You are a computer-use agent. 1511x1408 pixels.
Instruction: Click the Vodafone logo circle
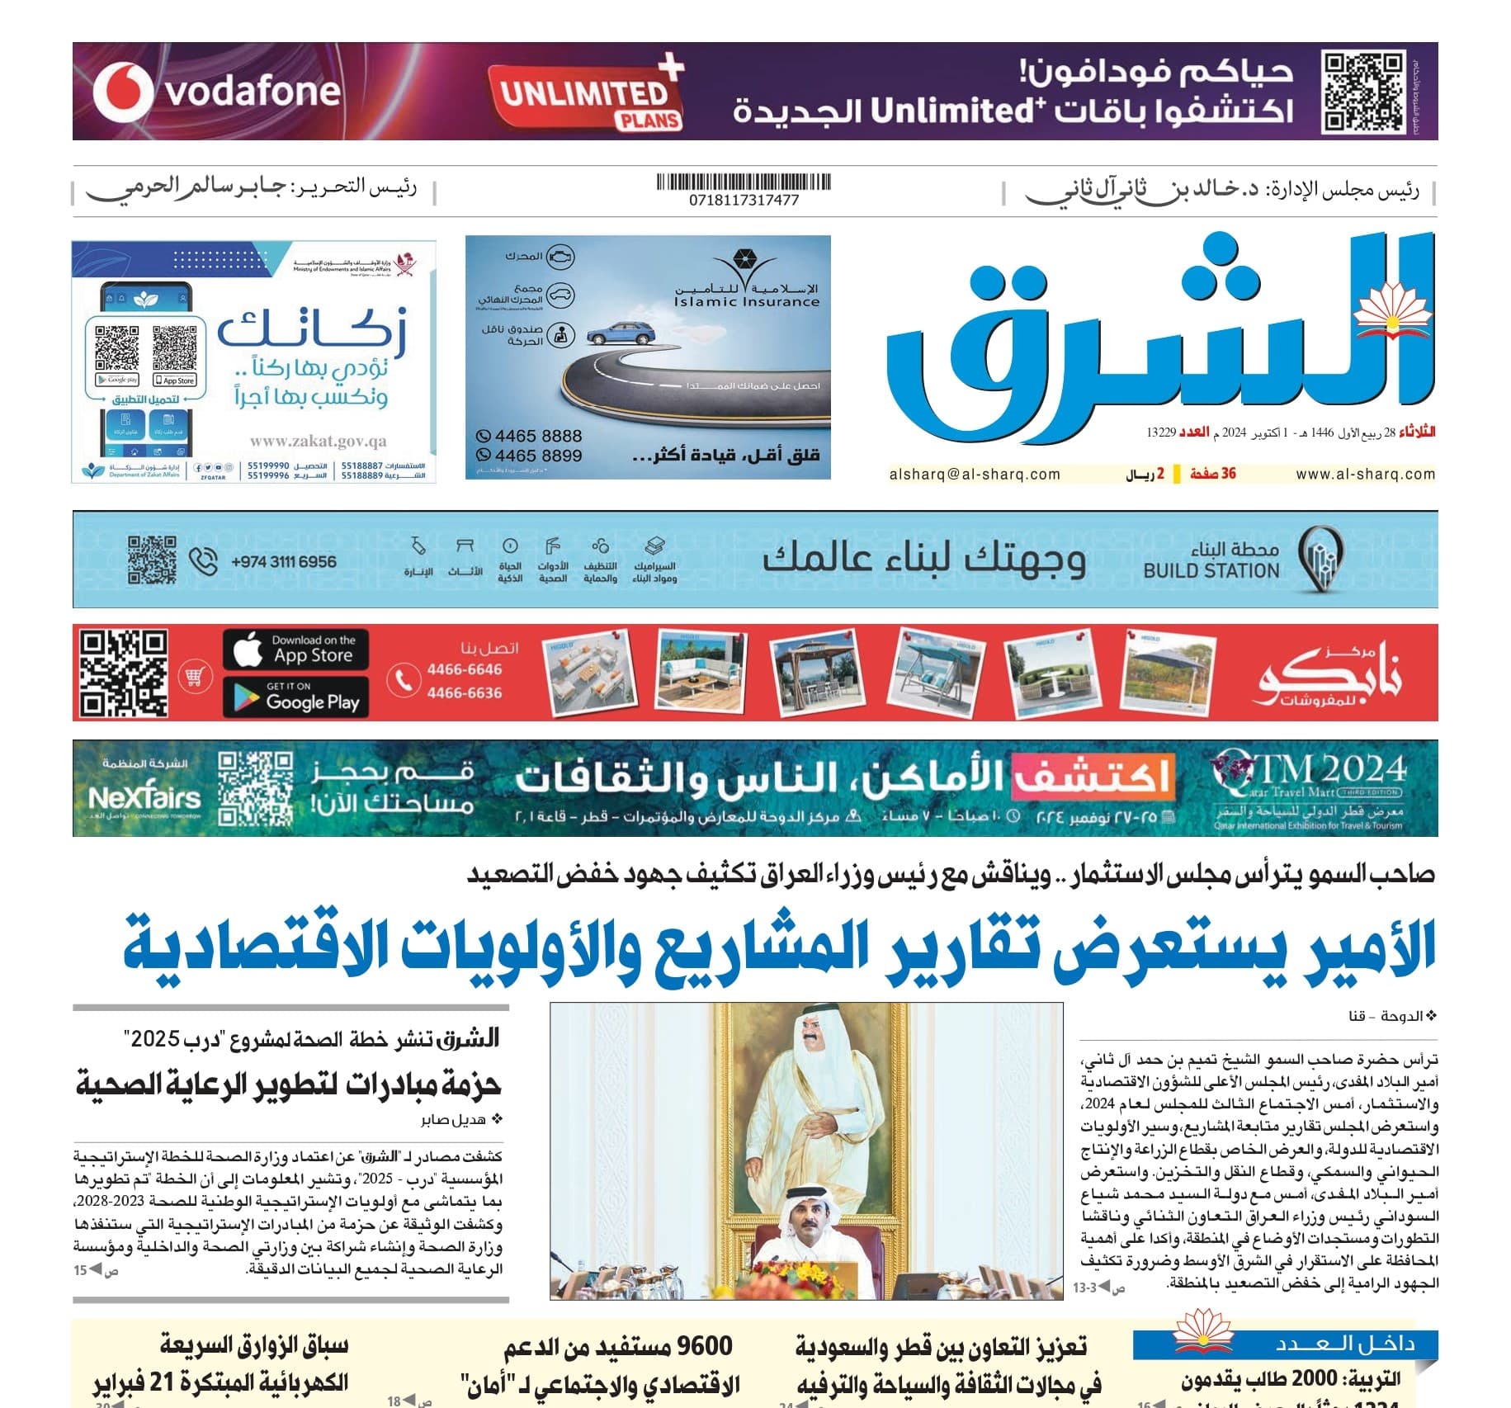click(122, 91)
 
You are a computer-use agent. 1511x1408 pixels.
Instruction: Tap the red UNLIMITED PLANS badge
click(587, 95)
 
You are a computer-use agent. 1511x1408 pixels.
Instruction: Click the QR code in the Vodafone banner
click(1362, 92)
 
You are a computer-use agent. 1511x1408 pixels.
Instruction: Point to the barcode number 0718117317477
click(744, 200)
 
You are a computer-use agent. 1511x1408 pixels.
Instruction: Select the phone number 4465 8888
click(538, 436)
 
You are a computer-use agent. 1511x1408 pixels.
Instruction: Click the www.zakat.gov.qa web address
click(318, 442)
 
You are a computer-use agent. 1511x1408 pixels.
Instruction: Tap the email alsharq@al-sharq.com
click(975, 475)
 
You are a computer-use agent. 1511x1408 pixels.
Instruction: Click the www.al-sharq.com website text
click(1365, 475)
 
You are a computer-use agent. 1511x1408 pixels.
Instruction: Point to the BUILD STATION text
click(1211, 570)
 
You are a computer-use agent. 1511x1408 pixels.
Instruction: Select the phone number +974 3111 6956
click(284, 562)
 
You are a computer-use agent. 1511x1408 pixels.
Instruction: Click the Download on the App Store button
click(295, 650)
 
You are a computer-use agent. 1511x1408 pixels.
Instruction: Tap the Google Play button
click(295, 697)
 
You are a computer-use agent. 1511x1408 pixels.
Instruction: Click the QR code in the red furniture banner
click(124, 673)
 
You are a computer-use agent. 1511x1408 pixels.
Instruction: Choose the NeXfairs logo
click(144, 798)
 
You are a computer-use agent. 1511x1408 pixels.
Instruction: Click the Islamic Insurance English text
click(746, 302)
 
